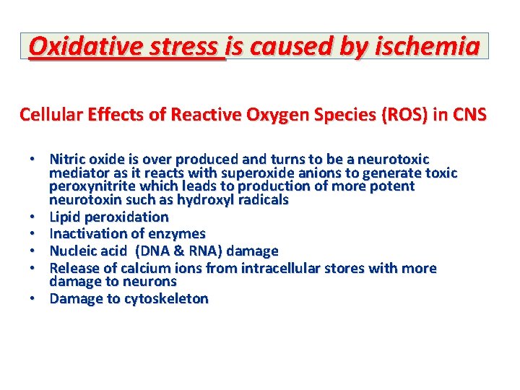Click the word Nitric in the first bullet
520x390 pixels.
coord(66,159)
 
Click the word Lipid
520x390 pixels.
coord(64,217)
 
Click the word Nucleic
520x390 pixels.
coord(74,251)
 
